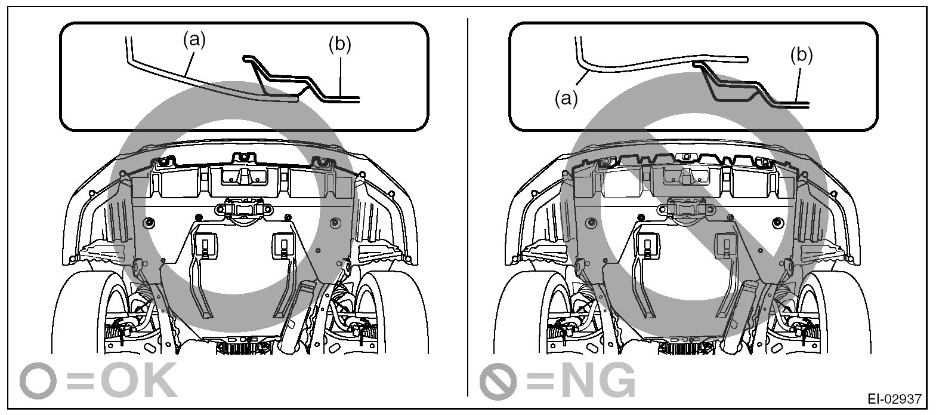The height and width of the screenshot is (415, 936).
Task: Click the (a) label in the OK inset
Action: [x=193, y=40]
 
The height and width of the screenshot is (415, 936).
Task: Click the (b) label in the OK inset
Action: [x=339, y=44]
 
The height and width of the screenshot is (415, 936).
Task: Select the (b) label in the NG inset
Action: [x=801, y=55]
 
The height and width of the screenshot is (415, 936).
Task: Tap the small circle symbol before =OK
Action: [x=38, y=379]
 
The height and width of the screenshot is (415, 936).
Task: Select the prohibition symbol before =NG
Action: [x=498, y=379]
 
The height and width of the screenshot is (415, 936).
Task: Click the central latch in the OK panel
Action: [x=243, y=210]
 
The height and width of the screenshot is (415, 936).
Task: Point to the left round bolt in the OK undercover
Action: [x=149, y=223]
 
